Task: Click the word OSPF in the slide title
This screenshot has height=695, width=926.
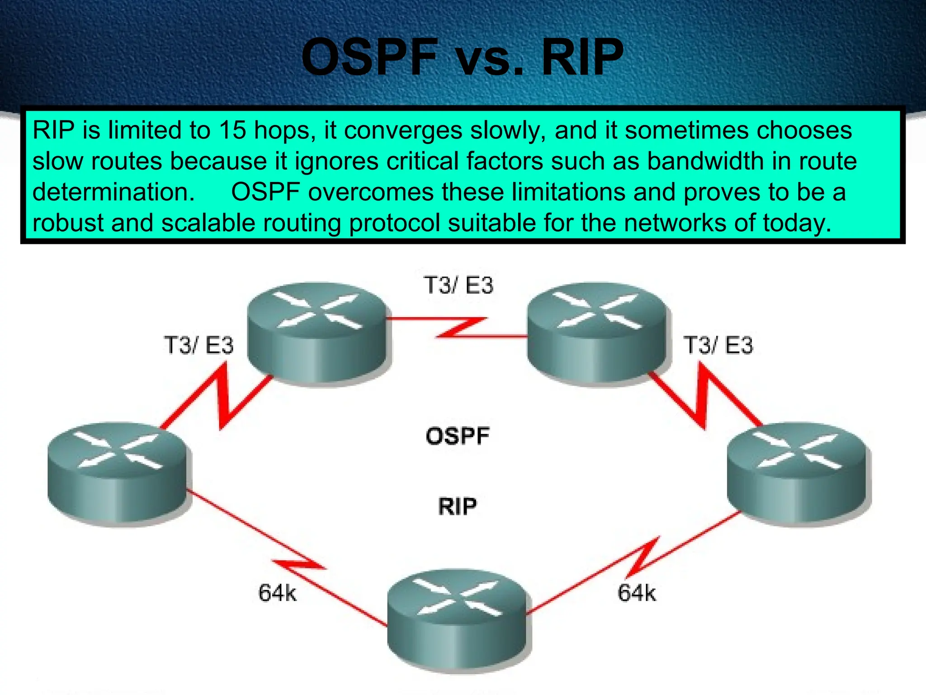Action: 369,57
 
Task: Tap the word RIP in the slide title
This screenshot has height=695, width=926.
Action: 582,57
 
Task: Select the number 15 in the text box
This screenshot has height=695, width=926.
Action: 232,130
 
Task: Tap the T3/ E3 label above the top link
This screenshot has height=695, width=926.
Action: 458,286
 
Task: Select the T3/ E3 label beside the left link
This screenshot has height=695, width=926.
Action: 198,345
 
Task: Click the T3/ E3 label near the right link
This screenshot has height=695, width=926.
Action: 718,345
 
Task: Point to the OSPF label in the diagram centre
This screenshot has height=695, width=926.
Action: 458,436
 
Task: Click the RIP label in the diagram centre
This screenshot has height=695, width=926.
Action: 457,506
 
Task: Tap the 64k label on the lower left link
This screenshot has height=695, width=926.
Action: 277,593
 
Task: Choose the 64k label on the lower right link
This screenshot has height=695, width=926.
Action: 637,593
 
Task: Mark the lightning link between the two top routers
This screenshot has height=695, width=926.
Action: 459,327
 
